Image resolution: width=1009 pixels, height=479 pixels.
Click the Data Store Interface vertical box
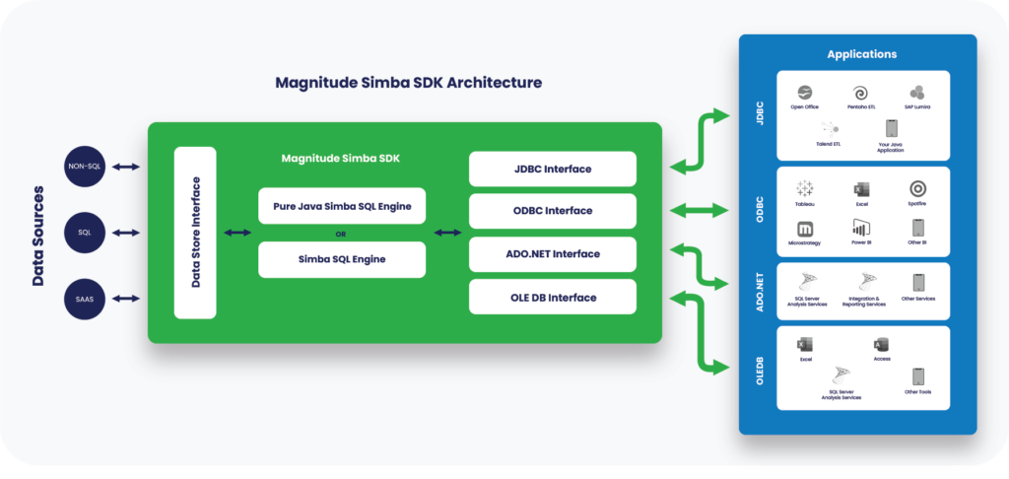click(195, 233)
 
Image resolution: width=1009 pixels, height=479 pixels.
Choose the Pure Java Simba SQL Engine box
click(342, 206)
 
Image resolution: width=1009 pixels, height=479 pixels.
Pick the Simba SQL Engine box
click(342, 259)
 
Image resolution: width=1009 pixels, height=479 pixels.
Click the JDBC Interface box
click(552, 169)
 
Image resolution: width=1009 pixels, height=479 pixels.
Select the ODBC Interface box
click(552, 211)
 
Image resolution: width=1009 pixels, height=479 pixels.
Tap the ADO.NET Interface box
click(552, 254)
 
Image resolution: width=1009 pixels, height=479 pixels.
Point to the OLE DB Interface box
click(552, 297)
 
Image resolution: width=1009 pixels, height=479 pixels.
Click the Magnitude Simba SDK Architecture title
click(408, 83)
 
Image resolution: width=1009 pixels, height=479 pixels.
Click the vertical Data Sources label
click(38, 235)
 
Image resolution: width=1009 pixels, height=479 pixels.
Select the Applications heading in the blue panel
click(862, 54)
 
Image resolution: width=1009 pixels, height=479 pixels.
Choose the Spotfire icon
click(917, 188)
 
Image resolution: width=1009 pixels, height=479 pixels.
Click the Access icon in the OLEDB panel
click(881, 345)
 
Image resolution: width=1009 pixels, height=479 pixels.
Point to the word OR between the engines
click(341, 234)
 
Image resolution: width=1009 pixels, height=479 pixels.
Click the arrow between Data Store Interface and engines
click(236, 233)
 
